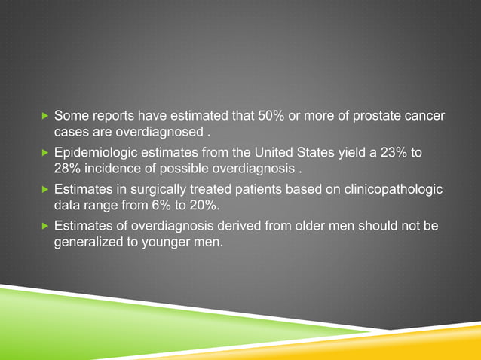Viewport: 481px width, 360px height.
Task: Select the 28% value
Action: tap(68, 169)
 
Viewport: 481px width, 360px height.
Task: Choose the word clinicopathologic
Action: tap(394, 189)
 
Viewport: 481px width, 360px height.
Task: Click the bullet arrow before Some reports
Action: tap(44, 117)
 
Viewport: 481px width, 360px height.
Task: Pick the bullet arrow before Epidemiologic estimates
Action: tap(44, 153)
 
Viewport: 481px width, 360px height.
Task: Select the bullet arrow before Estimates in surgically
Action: tap(44, 189)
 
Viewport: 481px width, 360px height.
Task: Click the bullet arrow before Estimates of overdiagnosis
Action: tap(44, 225)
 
